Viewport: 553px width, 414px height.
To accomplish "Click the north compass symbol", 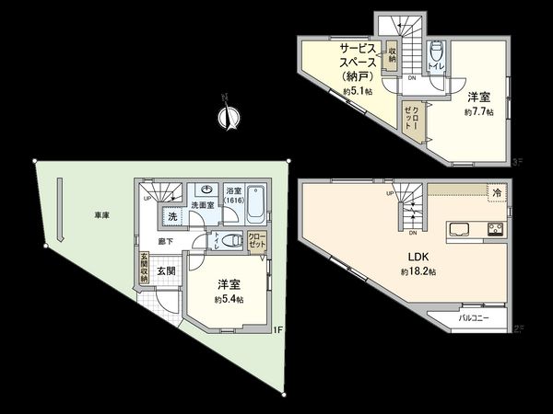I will point(227,117).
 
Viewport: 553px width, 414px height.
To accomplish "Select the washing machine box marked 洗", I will point(171,217).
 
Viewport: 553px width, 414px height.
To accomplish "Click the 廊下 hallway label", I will point(166,240).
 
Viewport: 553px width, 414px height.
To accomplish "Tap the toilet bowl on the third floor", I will point(436,52).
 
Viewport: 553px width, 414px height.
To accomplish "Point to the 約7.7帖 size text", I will point(478,111).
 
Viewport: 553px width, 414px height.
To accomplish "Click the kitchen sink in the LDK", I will point(457,229).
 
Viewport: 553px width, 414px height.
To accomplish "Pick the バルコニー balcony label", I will point(482,318).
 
